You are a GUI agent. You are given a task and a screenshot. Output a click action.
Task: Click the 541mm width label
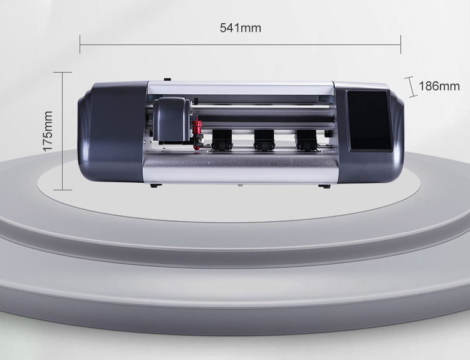tap(241, 28)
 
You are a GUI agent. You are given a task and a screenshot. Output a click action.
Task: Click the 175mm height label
tap(48, 131)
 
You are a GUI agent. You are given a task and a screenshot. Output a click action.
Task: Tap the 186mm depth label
tap(439, 86)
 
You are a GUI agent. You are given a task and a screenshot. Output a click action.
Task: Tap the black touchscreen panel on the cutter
tap(370, 120)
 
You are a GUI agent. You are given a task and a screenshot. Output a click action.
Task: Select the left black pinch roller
tap(222, 140)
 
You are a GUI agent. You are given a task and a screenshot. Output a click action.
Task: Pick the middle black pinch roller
tap(264, 140)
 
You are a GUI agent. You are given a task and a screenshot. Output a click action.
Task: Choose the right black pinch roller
tap(306, 140)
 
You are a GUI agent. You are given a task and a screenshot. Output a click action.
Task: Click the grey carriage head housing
tap(172, 119)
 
